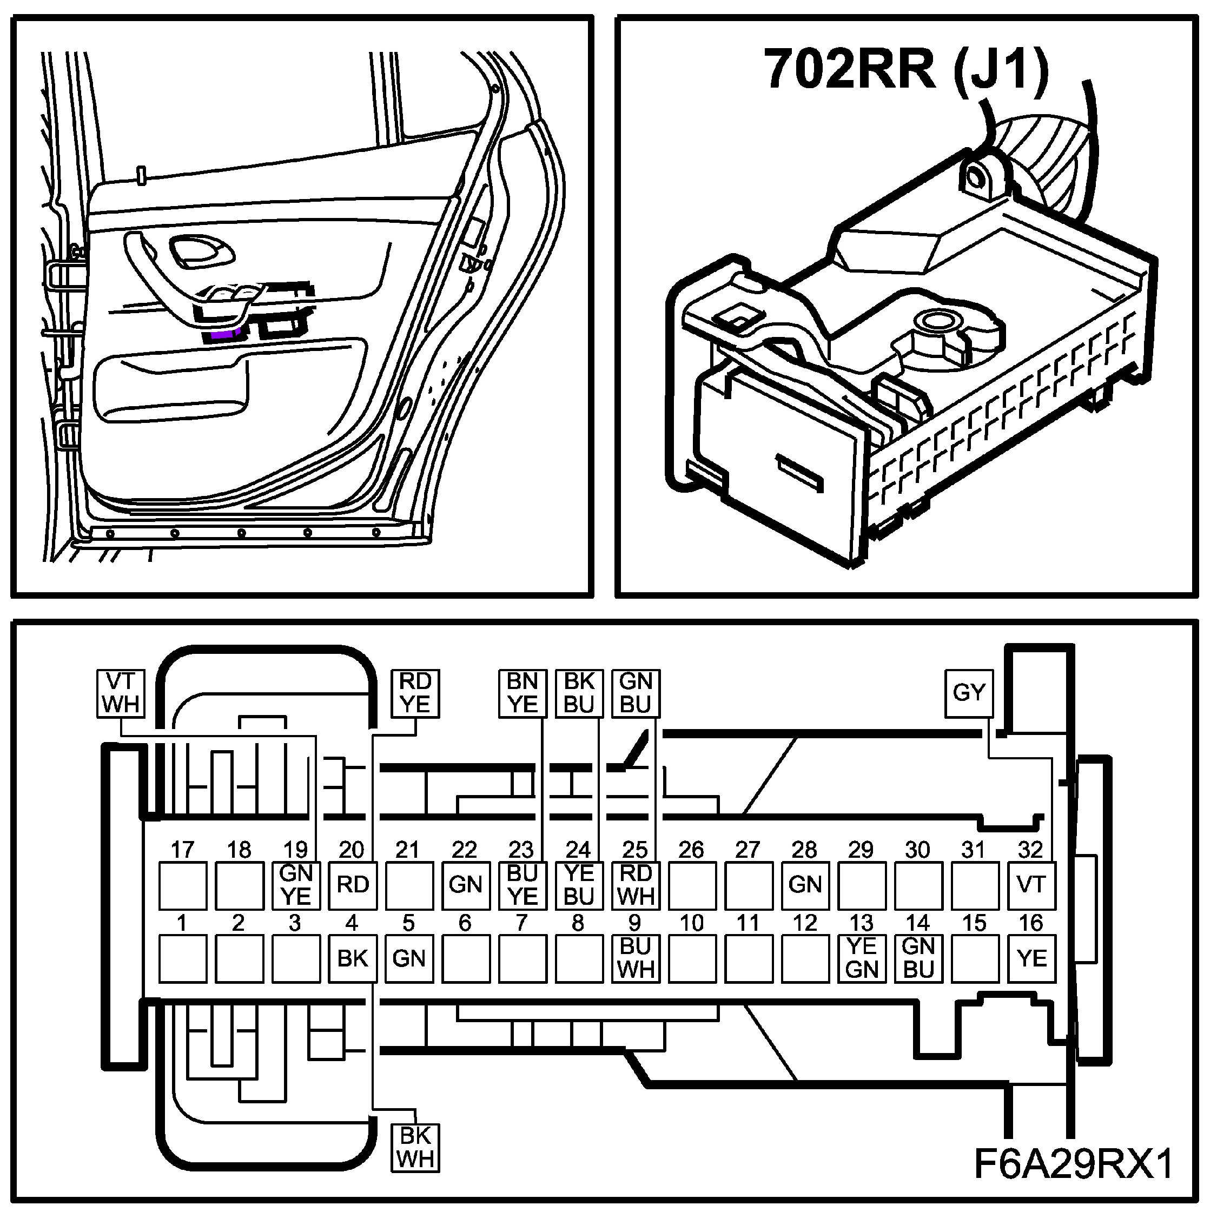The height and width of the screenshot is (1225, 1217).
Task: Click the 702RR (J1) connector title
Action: (x=906, y=70)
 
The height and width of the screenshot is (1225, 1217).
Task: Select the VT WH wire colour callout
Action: (x=121, y=693)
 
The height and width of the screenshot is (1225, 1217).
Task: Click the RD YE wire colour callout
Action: (x=415, y=693)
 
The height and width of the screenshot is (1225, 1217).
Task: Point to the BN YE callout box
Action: (x=522, y=693)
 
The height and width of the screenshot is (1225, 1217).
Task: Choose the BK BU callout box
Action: (x=578, y=693)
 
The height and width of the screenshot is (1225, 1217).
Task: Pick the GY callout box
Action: (x=968, y=692)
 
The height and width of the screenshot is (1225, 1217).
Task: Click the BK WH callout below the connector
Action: (x=415, y=1147)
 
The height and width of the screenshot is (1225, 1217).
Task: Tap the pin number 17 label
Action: (x=183, y=849)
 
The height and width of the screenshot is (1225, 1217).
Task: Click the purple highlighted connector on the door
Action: (x=222, y=335)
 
